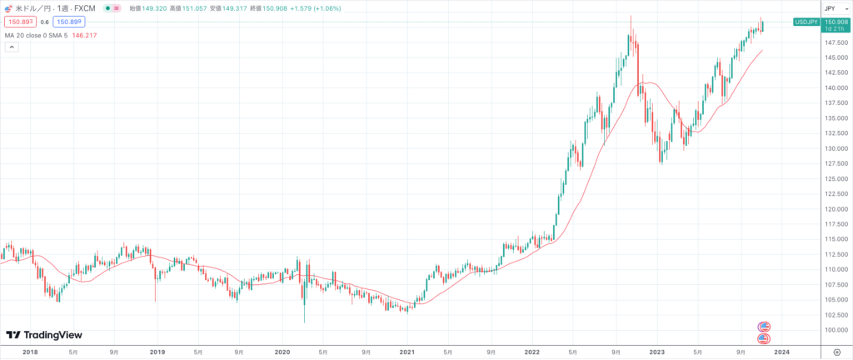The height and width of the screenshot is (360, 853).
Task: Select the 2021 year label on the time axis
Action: click(407, 352)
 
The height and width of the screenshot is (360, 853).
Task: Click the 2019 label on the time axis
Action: click(157, 352)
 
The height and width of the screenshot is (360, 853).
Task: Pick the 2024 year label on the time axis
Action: click(781, 352)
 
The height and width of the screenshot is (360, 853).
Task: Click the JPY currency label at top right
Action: click(830, 7)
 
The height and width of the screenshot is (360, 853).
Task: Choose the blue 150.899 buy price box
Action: click(70, 22)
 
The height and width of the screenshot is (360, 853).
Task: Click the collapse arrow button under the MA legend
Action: click(12, 47)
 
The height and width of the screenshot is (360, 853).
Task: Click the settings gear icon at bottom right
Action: click(836, 352)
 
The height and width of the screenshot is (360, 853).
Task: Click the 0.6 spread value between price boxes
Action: click(44, 22)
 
